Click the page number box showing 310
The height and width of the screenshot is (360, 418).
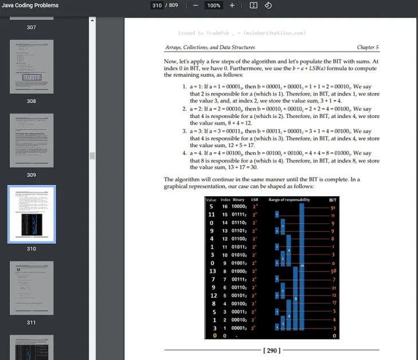coord(156,5)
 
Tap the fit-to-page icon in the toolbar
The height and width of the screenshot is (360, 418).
coord(254,5)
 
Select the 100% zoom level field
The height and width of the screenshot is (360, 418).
coord(214,5)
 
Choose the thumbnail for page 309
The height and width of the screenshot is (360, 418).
coord(31,140)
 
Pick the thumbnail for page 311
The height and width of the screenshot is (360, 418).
coord(31,288)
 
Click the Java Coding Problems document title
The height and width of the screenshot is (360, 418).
coord(30,5)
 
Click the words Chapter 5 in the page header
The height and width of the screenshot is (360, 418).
coord(368,48)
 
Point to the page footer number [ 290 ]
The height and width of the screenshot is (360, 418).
coord(272,350)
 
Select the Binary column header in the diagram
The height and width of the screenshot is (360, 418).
coord(238,199)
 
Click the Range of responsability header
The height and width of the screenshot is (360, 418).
coord(289,199)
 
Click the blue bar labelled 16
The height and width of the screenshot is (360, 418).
coord(302,266)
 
